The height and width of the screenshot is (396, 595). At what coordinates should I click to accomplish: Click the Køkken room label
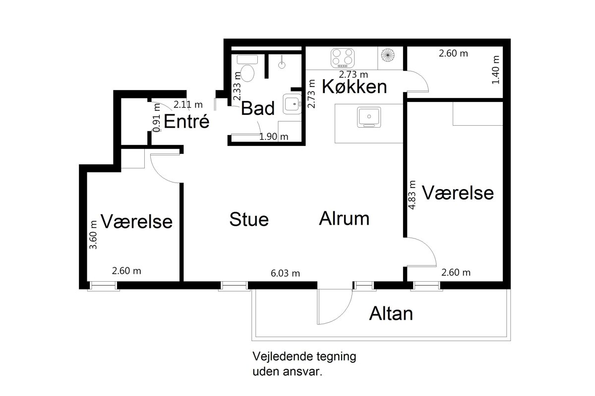pyautogui.click(x=354, y=87)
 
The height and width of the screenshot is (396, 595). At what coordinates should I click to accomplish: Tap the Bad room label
pyautogui.click(x=258, y=108)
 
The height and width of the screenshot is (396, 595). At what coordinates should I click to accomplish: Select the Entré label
pyautogui.click(x=186, y=121)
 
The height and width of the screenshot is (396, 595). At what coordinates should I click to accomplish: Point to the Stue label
pyautogui.click(x=249, y=219)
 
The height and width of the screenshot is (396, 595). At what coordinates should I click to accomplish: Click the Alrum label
pyautogui.click(x=344, y=219)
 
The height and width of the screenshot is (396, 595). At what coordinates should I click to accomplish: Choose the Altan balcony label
pyautogui.click(x=391, y=313)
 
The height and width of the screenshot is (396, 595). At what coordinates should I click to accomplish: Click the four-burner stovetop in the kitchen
pyautogui.click(x=343, y=57)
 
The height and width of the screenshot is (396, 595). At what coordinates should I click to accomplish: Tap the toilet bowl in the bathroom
pyautogui.click(x=247, y=73)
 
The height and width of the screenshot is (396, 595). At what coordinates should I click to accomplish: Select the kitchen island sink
pyautogui.click(x=369, y=117)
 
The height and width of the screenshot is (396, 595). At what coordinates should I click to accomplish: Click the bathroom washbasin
pyautogui.click(x=292, y=104)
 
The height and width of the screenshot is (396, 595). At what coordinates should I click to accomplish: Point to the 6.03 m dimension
pyautogui.click(x=285, y=273)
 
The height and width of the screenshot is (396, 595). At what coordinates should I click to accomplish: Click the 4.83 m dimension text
pyautogui.click(x=412, y=195)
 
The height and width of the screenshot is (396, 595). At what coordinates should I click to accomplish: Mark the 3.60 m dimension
pyautogui.click(x=93, y=235)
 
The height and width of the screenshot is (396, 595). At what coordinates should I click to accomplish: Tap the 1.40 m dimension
pyautogui.click(x=495, y=70)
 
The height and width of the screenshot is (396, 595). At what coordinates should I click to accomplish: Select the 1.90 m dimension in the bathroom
pyautogui.click(x=274, y=137)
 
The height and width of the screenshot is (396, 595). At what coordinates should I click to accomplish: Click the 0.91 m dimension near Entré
pyautogui.click(x=157, y=117)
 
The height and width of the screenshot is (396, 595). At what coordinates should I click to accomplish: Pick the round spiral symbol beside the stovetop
pyautogui.click(x=388, y=55)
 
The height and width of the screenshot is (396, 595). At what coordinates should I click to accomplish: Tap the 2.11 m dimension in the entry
pyautogui.click(x=188, y=105)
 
